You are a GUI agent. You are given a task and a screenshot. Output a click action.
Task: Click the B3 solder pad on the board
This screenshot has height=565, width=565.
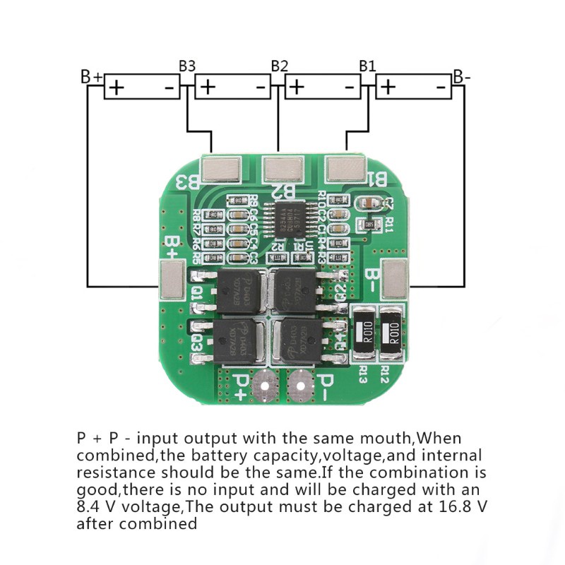click(222, 167)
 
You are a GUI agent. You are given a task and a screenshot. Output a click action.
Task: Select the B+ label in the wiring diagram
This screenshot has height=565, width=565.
click(92, 76)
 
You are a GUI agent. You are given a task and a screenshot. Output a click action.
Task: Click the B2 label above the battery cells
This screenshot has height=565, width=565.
click(280, 66)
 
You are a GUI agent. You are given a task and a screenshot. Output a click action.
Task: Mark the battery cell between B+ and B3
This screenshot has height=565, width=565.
click(142, 88)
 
